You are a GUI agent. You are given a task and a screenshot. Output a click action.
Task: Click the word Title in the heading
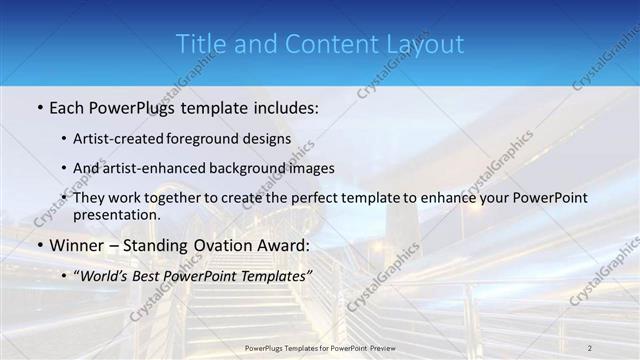(x=200, y=44)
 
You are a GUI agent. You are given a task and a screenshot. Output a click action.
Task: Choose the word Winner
(x=76, y=245)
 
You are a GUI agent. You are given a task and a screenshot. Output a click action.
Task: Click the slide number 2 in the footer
(x=590, y=347)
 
